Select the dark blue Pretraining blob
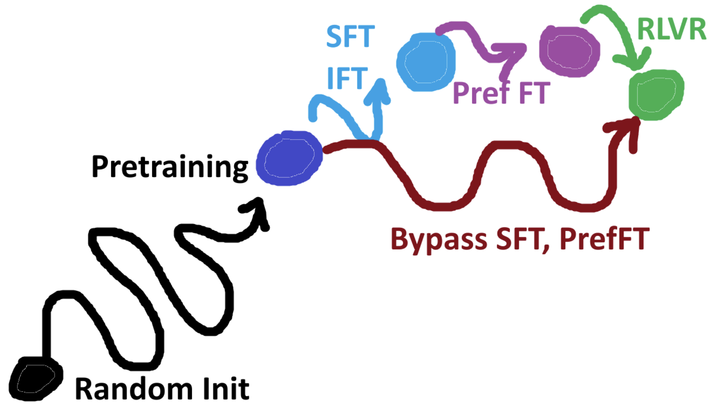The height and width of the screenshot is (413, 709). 289,158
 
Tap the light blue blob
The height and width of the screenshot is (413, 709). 426,62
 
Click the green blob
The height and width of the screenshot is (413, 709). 656,95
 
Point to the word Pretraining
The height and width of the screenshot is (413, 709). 170,167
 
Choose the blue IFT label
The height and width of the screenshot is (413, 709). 347,78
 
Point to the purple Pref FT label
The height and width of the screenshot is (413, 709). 501,93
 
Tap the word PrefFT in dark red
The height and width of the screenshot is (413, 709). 604,239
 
